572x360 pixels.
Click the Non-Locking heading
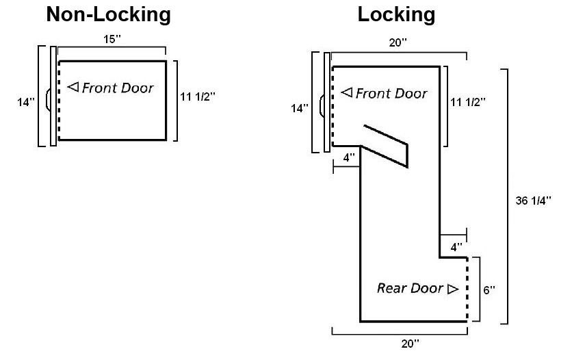pos(108,14)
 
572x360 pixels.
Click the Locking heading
pos(396,14)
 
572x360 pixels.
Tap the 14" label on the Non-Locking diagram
pos(25,102)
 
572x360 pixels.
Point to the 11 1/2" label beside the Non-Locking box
pos(198,97)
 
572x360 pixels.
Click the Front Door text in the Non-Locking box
pos(118,88)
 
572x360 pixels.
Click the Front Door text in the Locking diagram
pos(391,93)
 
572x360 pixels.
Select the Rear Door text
pos(410,288)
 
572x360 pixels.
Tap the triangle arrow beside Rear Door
pos(452,289)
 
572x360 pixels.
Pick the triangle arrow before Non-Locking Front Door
pos(73,87)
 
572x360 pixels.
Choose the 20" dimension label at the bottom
pos(411,344)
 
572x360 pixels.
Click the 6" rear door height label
pos(489,290)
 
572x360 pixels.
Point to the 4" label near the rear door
pos(456,245)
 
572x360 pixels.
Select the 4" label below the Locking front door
pos(349,157)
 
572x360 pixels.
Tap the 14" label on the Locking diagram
pos(300,108)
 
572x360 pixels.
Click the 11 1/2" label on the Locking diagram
pos(468,103)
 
